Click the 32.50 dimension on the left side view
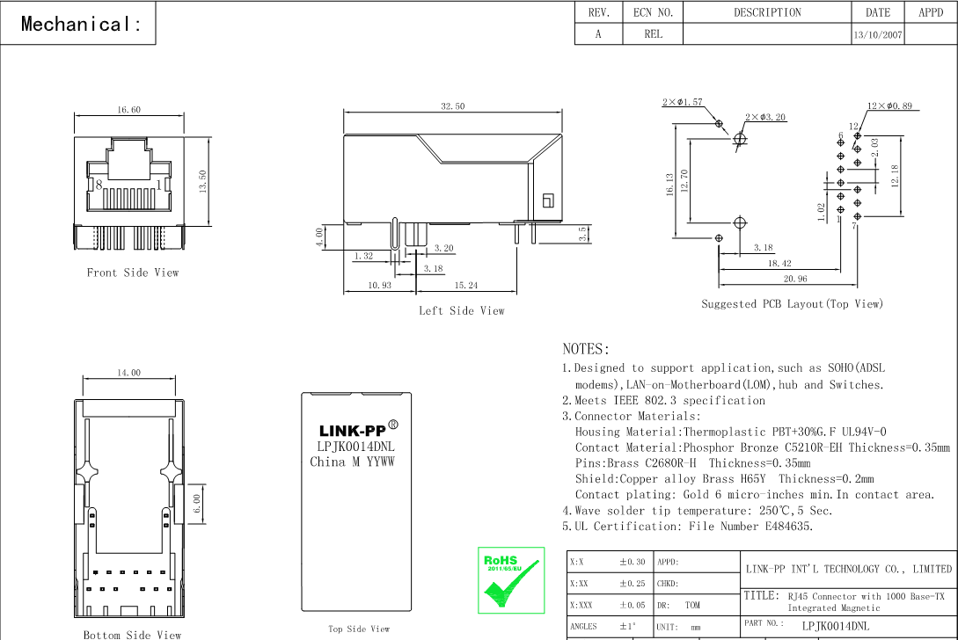click(x=453, y=106)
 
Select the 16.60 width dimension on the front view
click(x=128, y=110)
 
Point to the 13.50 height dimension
click(x=202, y=180)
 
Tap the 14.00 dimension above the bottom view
click(x=128, y=373)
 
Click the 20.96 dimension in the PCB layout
click(x=795, y=279)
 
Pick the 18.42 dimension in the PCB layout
click(x=779, y=263)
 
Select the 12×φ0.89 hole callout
click(x=889, y=106)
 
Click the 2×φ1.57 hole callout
click(x=683, y=103)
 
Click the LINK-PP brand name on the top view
click(x=352, y=431)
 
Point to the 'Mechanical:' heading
click(x=81, y=25)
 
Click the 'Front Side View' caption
click(x=132, y=273)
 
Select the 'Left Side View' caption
click(x=462, y=310)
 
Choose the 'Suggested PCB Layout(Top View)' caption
click(x=792, y=304)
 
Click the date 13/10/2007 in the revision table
click(x=877, y=35)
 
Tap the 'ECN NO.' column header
click(x=653, y=12)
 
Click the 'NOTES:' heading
click(x=586, y=349)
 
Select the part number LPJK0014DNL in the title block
click(x=835, y=626)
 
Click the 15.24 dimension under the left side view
click(x=466, y=286)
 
